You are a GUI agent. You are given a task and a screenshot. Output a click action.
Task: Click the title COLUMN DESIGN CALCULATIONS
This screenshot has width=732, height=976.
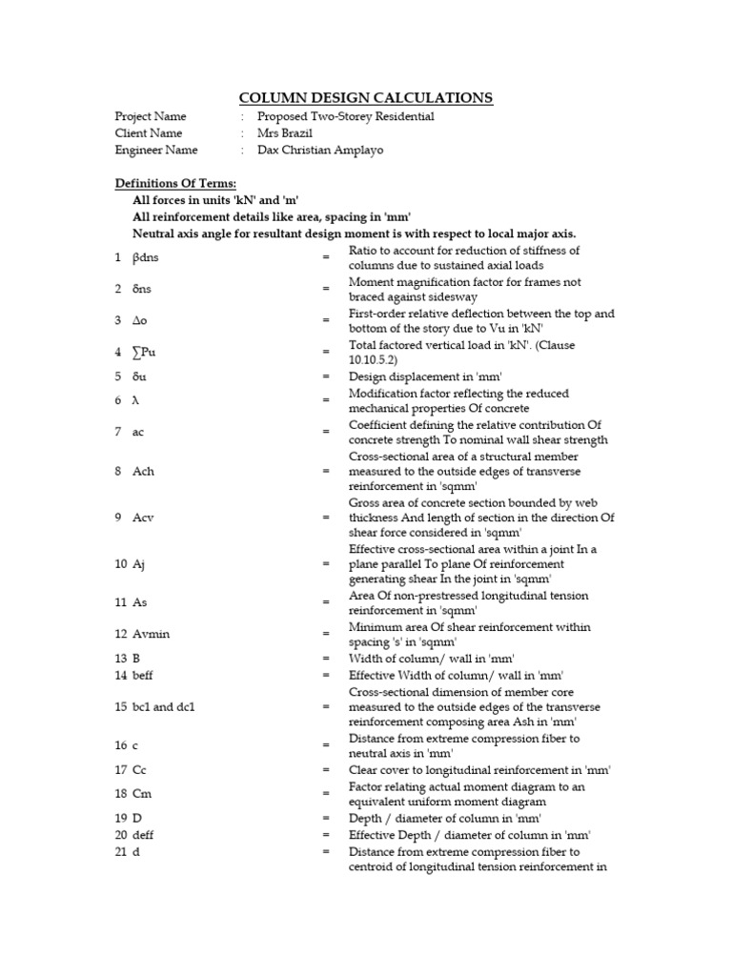(x=365, y=97)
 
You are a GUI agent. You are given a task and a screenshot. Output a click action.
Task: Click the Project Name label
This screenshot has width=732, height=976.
(x=152, y=116)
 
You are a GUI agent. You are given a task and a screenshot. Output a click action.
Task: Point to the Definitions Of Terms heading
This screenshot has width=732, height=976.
(x=176, y=183)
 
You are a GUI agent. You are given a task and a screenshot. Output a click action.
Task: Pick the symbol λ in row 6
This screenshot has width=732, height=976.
(x=135, y=400)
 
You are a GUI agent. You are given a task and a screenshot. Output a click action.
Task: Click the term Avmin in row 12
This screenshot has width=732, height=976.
(x=151, y=635)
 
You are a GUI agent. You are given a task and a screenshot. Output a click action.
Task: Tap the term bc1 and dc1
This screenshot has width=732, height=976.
(x=163, y=707)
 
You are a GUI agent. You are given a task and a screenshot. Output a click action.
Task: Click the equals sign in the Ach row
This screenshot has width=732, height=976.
(x=326, y=472)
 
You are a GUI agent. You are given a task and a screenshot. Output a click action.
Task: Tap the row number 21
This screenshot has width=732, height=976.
(x=120, y=851)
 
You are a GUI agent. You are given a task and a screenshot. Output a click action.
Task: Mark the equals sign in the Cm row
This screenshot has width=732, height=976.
(x=326, y=794)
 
